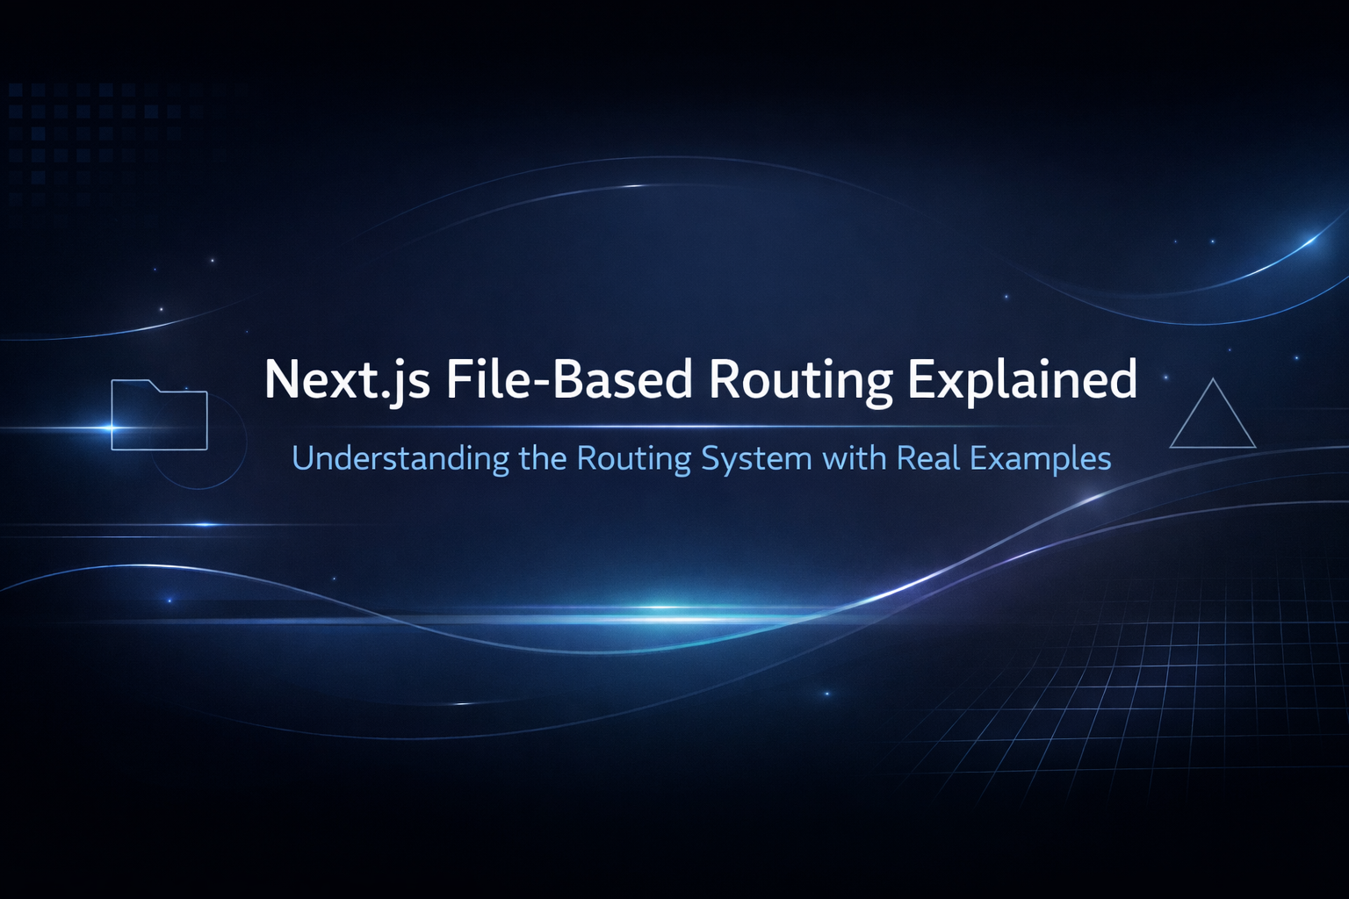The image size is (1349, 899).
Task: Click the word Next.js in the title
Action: pos(347,380)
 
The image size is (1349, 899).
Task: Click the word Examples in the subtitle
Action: pos(1042,458)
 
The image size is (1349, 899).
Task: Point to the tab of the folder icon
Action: pos(132,384)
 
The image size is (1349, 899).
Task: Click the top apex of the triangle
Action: pos(1213,380)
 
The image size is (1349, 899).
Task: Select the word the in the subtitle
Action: pos(543,458)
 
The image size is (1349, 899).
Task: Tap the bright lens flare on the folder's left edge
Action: pos(112,428)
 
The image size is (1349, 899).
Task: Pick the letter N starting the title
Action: pos(282,380)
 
